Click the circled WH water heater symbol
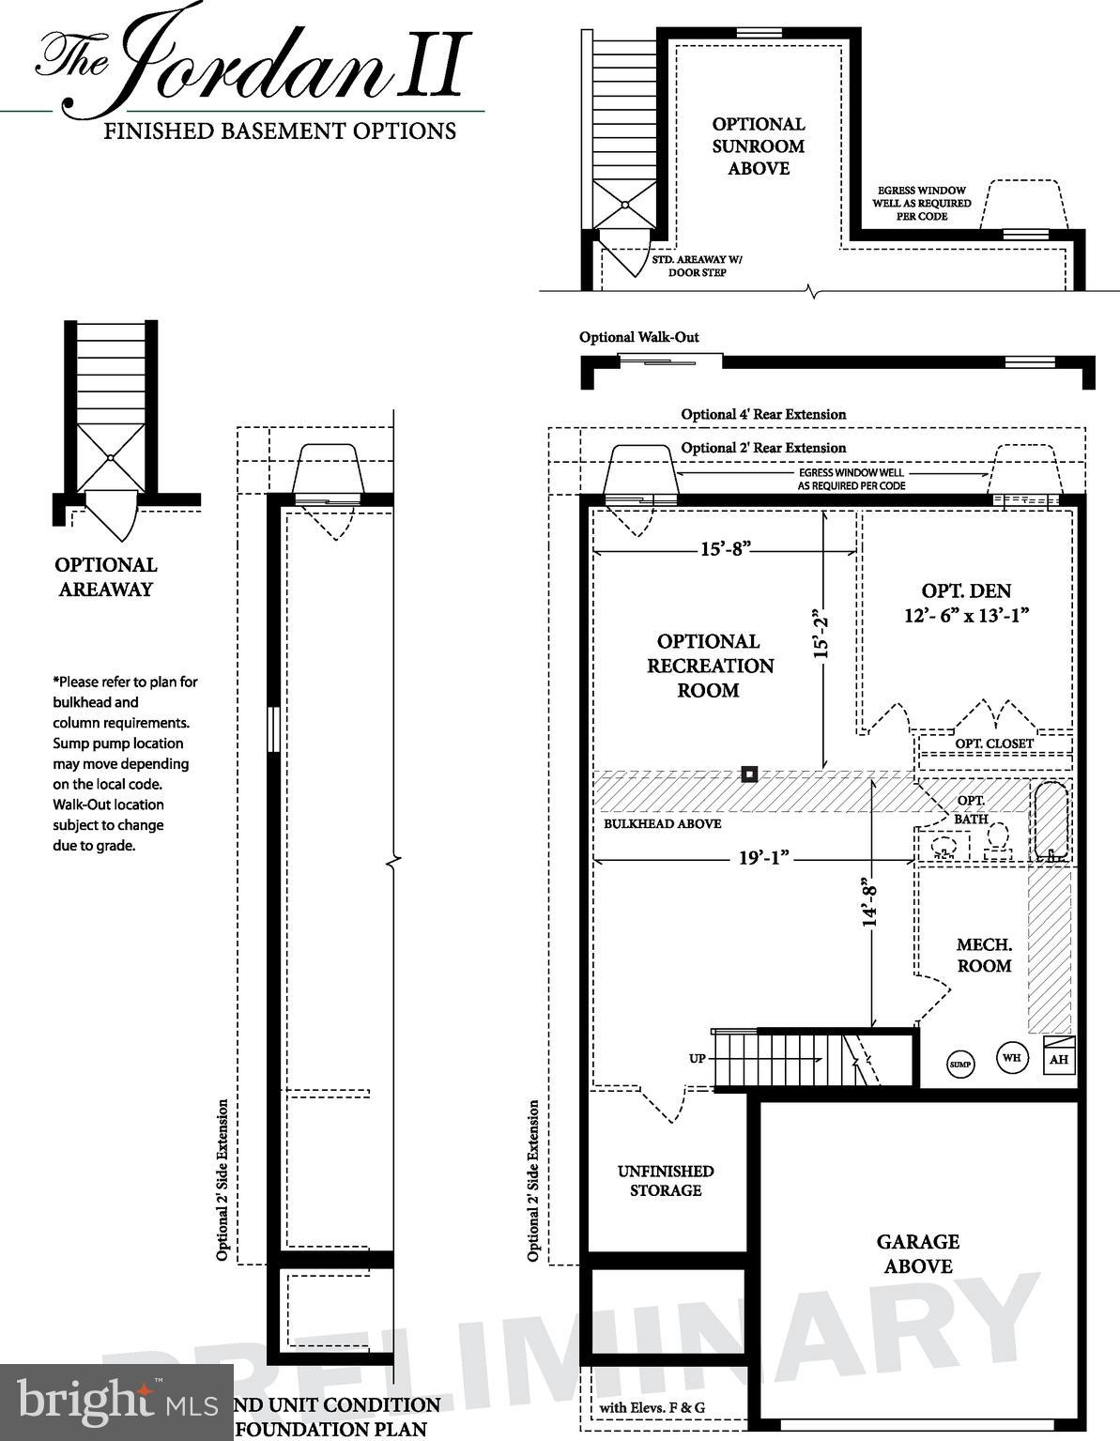coord(1011,1058)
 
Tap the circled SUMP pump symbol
coord(959,1065)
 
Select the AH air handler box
coord(1059,1057)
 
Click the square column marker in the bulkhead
coord(749,774)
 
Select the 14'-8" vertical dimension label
coord(870,901)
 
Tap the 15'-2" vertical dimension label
coord(822,635)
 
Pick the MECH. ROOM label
coord(984,955)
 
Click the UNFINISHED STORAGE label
coord(666,1180)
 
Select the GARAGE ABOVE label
coord(917,1253)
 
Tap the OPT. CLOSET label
coord(994,743)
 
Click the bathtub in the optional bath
coord(1050,820)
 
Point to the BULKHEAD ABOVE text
coord(662,823)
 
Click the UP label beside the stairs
coord(698,1058)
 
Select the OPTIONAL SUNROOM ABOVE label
coord(758,146)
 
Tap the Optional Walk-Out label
coord(638,337)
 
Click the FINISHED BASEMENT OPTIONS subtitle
coord(280,131)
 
